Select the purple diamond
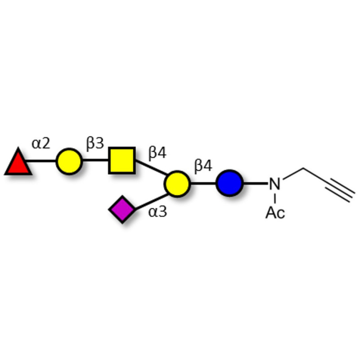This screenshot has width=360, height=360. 122,209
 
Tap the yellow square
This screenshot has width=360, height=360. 122,160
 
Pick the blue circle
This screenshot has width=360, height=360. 229,183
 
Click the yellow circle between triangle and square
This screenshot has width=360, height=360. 69,162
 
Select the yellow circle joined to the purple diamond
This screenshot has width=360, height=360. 177,184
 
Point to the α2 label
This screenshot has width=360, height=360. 40,144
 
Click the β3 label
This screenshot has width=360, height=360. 95,144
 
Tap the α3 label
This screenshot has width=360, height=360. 157,211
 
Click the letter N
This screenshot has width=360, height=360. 275,184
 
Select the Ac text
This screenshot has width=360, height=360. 275,212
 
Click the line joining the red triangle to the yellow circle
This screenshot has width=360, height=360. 41,161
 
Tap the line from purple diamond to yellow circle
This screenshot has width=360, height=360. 152,202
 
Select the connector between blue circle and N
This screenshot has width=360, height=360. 255,184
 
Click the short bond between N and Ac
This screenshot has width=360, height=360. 275,198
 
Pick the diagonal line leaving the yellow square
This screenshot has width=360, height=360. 151,167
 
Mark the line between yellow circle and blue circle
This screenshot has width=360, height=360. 203,184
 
